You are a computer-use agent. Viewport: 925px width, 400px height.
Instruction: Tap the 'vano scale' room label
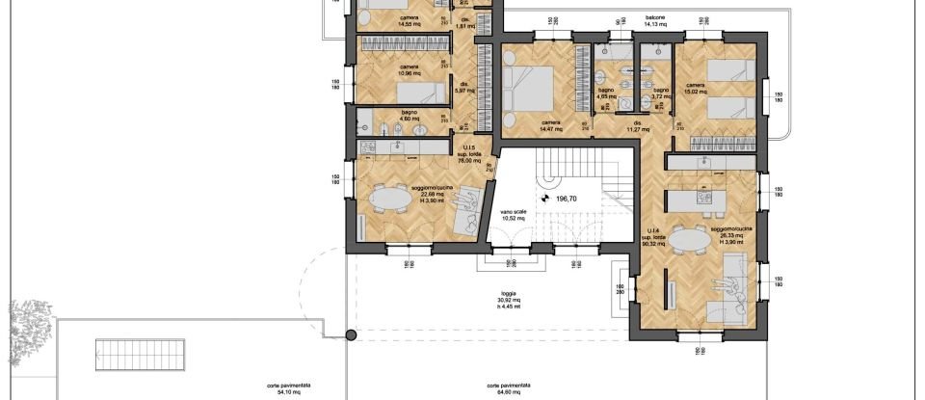(513, 215)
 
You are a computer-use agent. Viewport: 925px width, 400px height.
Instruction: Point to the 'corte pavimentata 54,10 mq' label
(287, 388)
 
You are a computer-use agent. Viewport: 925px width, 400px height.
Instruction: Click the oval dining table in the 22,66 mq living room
(390, 198)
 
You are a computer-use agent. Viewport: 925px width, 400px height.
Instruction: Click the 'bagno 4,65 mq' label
(606, 94)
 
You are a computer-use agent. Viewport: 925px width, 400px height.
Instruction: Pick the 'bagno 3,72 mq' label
(660, 94)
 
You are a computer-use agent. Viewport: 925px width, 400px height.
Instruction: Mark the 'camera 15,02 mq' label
(697, 91)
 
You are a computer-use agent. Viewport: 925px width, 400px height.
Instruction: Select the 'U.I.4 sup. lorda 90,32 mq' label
(650, 239)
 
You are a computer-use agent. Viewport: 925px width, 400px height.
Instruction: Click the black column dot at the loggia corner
(351, 335)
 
